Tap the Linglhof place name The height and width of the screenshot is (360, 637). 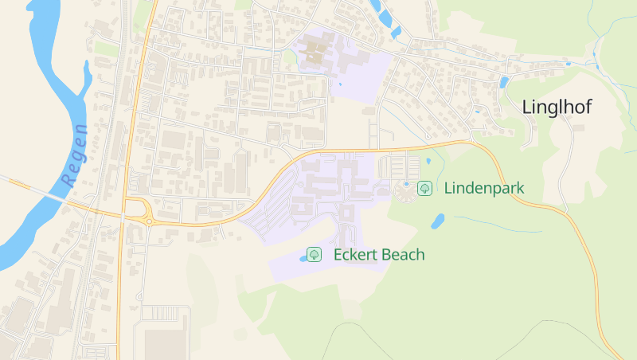pyautogui.click(x=557, y=108)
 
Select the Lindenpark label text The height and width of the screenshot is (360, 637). pyautogui.click(x=483, y=189)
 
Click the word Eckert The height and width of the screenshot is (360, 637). pyautogui.click(x=355, y=255)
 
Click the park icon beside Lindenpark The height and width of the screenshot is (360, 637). pyautogui.click(x=425, y=188)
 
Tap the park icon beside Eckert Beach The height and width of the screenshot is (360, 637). pyautogui.click(x=315, y=254)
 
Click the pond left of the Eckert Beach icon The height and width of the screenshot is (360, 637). pyautogui.click(x=303, y=259)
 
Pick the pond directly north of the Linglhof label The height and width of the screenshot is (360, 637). pyautogui.click(x=503, y=82)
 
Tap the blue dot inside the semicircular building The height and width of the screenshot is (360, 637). pyautogui.click(x=405, y=184)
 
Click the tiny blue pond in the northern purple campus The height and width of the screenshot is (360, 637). pyautogui.click(x=340, y=83)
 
